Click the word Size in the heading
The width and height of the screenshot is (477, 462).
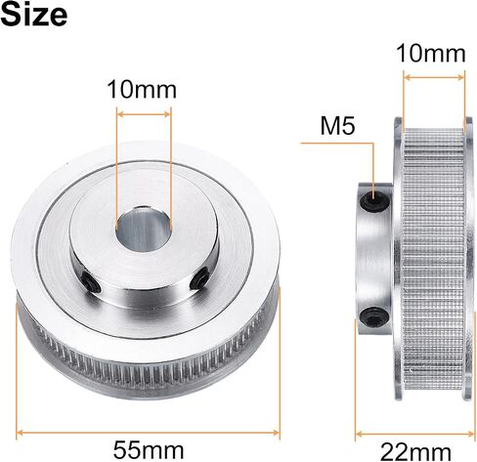(34, 14)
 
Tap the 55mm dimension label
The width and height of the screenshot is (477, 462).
(149, 450)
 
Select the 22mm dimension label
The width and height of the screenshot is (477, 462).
(415, 452)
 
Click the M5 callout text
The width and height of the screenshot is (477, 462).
(337, 126)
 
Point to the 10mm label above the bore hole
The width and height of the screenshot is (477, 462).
(142, 90)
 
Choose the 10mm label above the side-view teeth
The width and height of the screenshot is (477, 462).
(431, 54)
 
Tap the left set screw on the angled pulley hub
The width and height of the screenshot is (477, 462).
(91, 282)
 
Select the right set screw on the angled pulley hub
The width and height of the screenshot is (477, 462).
(199, 277)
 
